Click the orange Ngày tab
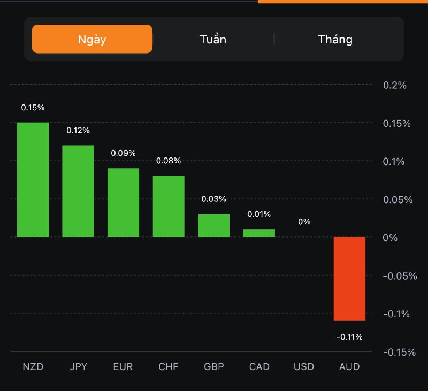[x=92, y=39]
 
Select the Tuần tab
[x=213, y=39]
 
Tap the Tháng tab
[x=335, y=39]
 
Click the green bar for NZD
[x=33, y=180]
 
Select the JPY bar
[x=78, y=191]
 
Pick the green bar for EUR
[x=123, y=202]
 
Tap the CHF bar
[x=169, y=206]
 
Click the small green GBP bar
[x=214, y=225]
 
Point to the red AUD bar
[x=349, y=279]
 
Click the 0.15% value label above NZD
[x=33, y=108]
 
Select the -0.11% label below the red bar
[x=349, y=337]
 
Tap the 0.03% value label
[x=213, y=199]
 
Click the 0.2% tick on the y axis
[x=395, y=85]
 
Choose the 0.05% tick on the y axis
[x=398, y=200]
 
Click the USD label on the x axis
[x=304, y=367]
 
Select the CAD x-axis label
[x=259, y=367]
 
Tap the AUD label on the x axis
[x=349, y=367]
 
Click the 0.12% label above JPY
[x=78, y=130]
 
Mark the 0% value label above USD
[x=304, y=222]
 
